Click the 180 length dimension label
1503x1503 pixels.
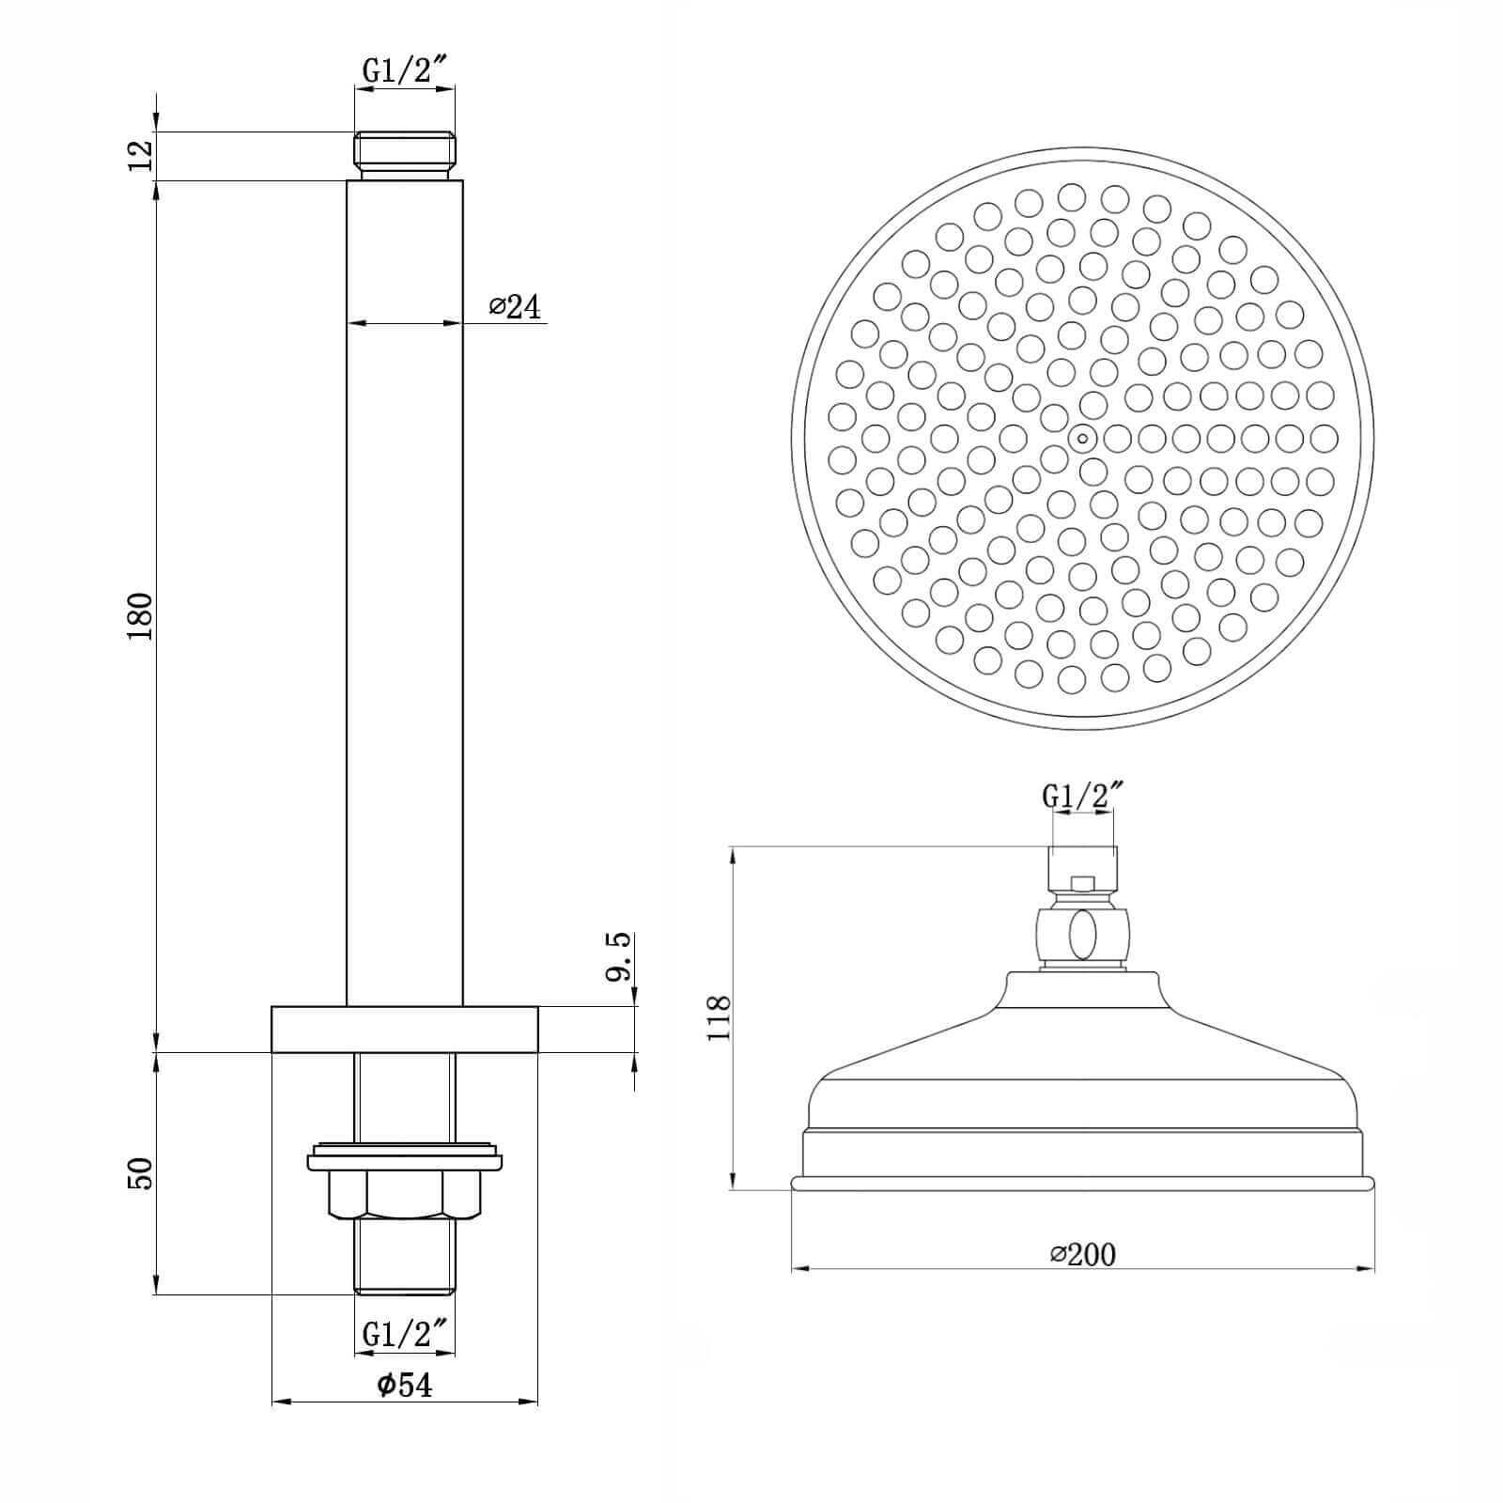click(140, 616)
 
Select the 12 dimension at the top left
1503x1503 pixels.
click(140, 155)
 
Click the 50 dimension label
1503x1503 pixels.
click(140, 1173)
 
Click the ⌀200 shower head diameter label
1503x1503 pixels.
click(1083, 1254)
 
